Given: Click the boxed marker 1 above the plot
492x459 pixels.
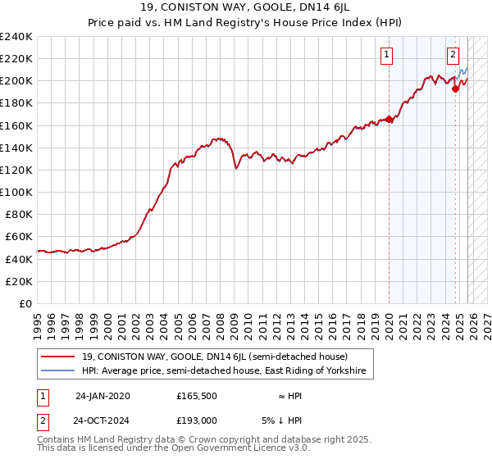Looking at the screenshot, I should coord(386,56).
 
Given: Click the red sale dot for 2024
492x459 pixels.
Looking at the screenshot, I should coord(455,89).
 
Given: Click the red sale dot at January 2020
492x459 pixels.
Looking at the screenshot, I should coord(389,119).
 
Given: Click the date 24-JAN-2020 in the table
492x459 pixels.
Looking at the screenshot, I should coord(102,396).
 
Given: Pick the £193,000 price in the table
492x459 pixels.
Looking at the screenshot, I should coord(197,420).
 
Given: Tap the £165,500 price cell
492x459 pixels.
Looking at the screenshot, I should coord(197,396).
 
